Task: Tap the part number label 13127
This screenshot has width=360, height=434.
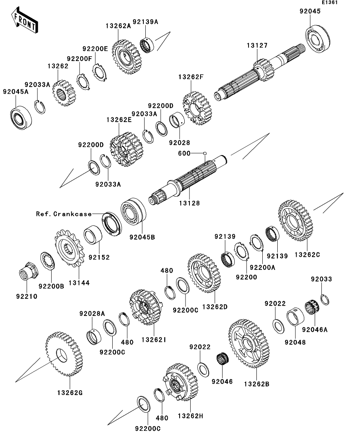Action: (x=257, y=46)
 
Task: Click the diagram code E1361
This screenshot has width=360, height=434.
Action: (x=330, y=3)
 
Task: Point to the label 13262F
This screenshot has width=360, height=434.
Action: (x=195, y=77)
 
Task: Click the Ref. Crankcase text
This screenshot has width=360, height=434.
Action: (x=63, y=214)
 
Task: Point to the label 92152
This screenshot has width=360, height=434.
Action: (x=99, y=257)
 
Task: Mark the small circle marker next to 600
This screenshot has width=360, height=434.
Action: (x=205, y=153)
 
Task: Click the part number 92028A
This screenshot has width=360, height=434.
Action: (x=92, y=314)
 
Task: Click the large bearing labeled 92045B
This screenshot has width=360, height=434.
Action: (x=134, y=215)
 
